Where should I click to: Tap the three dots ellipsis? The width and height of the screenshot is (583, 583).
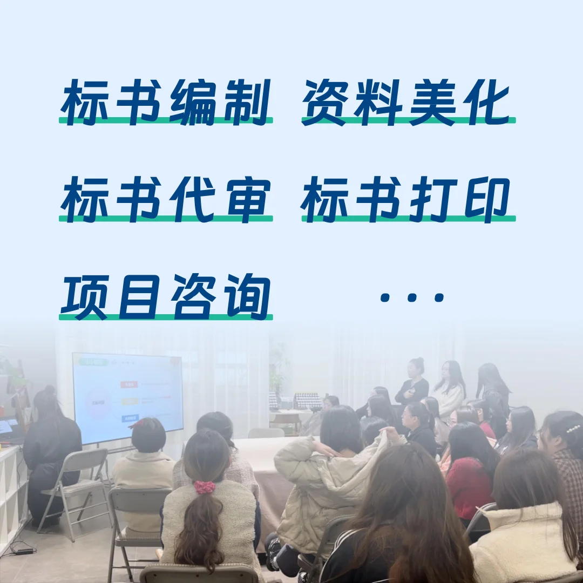tap(412, 297)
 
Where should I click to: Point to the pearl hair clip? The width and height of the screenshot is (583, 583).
tap(573, 429)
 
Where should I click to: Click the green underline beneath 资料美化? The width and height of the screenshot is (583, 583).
tap(408, 120)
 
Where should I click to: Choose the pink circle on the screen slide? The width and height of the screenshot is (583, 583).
tap(99, 399)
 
